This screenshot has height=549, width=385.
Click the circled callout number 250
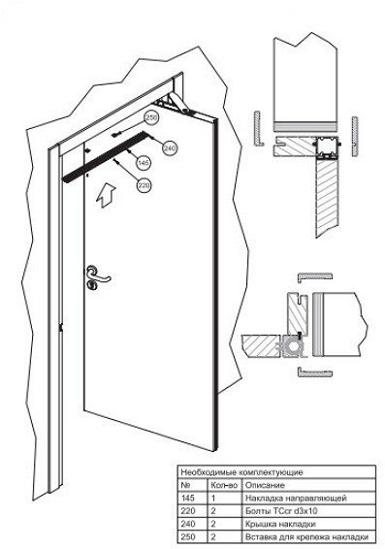point(151,118)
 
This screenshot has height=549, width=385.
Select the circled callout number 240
point(170,147)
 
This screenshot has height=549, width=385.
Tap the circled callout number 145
point(144,162)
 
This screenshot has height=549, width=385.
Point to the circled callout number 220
point(144,185)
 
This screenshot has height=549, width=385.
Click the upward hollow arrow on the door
point(106,196)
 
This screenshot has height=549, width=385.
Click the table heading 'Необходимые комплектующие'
point(241,472)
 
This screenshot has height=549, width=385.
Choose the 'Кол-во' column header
point(224,485)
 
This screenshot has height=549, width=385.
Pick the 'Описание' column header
point(265,485)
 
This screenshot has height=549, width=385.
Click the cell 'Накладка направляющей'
point(296,498)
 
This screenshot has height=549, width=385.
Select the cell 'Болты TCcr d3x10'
point(281,511)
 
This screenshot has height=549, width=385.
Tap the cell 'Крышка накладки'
point(280,524)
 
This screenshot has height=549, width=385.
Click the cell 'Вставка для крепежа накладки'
point(306,536)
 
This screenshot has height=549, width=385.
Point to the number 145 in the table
point(188,498)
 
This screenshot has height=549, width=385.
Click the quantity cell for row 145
point(212,498)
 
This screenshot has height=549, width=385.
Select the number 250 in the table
point(188,536)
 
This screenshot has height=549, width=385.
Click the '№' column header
point(185,485)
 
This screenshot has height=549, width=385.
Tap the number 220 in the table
point(188,511)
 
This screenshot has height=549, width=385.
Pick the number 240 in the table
point(188,524)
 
